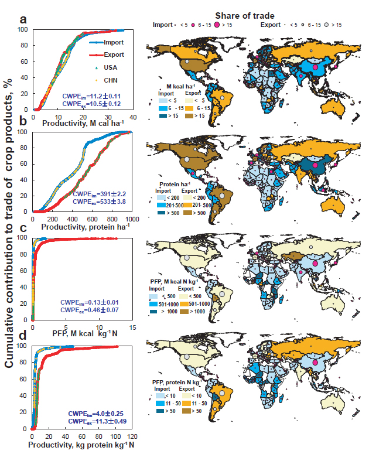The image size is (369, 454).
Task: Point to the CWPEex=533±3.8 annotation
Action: [x=96, y=202]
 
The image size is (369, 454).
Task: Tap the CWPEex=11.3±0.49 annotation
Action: [x=95, y=421]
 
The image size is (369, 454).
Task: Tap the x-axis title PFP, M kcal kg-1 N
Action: [x=82, y=335]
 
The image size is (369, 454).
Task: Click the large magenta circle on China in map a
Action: [x=316, y=67]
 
